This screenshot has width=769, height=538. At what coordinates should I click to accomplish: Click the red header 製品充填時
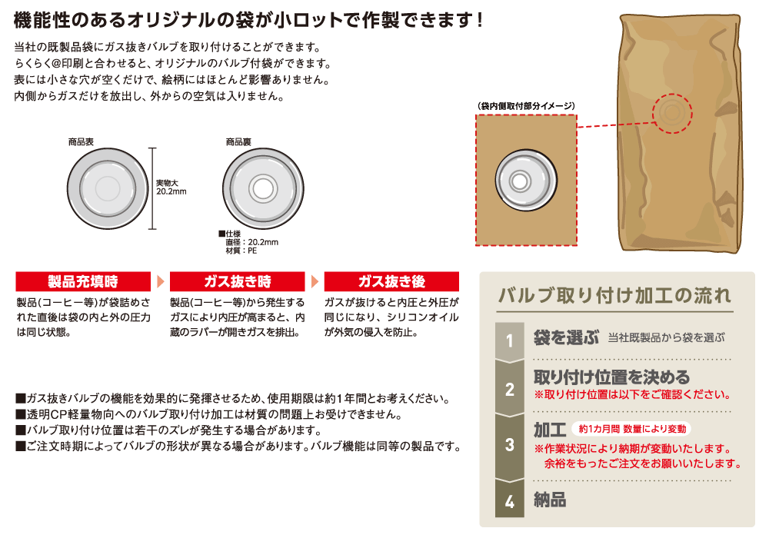(83, 281)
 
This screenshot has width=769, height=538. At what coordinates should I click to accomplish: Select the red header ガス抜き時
(238, 281)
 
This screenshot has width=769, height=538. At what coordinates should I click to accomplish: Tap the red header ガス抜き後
(391, 281)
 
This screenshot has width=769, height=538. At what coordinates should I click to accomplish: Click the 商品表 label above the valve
(81, 142)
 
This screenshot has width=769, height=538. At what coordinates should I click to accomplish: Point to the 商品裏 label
(238, 142)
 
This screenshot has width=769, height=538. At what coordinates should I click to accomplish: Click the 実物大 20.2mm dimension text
(171, 188)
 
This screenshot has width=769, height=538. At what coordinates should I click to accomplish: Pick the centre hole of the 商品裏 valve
(263, 188)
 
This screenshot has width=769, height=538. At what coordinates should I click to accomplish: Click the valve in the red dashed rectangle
(526, 181)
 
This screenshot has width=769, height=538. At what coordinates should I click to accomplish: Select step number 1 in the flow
(510, 340)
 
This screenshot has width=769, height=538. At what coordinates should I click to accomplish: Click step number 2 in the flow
(510, 390)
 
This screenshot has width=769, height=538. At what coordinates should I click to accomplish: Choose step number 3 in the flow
(510, 444)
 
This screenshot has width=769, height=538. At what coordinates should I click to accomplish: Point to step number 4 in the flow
(510, 501)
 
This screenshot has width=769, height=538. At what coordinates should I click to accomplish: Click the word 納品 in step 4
(550, 500)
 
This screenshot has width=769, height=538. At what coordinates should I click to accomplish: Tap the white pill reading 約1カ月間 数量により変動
(631, 429)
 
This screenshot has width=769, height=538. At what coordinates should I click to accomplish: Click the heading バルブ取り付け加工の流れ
(614, 295)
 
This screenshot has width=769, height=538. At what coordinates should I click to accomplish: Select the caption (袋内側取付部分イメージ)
(526, 106)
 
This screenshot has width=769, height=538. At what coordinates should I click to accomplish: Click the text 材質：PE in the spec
(241, 251)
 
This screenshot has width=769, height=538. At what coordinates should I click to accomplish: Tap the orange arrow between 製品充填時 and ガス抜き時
(161, 281)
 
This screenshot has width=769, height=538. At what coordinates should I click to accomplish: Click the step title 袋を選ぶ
(566, 337)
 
